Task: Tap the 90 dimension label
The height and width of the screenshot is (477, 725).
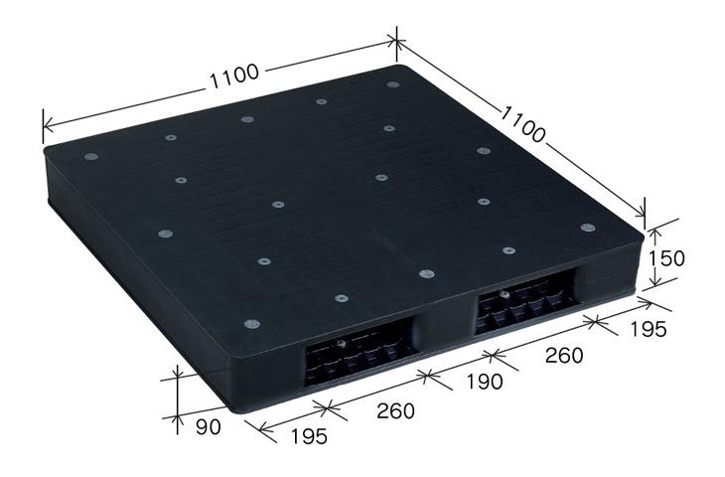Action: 209,427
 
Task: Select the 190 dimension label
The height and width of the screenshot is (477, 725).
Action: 484,382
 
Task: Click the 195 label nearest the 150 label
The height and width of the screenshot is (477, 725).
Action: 649,329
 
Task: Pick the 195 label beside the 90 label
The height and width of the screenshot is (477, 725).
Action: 309,436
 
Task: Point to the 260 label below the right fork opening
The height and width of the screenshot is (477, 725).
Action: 564,356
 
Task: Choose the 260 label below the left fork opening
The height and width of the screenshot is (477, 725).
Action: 396,410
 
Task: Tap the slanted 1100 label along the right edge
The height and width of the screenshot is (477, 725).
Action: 523,123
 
